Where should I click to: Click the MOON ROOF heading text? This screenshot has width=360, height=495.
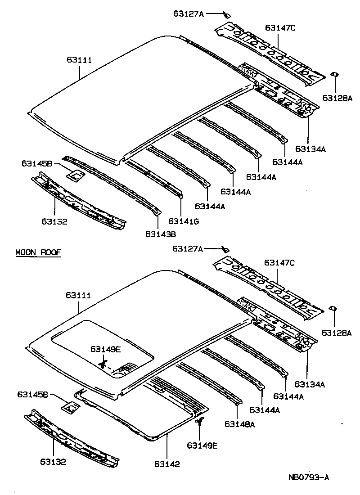tap(38, 252)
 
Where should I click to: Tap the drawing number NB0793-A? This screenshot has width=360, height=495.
tap(309, 477)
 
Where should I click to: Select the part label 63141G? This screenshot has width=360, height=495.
tap(184, 221)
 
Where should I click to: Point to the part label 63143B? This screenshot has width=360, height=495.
tap(161, 234)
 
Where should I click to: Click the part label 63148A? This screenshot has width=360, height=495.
tap(239, 423)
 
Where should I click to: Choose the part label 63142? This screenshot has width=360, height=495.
tap(167, 464)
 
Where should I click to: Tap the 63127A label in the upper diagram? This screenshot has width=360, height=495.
tap(189, 13)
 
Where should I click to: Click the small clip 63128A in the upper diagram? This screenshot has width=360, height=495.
tap(334, 74)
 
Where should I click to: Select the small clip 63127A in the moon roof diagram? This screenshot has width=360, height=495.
tap(226, 249)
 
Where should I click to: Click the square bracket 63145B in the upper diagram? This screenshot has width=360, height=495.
tap(76, 175)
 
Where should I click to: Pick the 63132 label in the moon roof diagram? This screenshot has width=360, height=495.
tap(54, 462)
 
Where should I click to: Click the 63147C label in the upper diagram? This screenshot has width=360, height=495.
tap(280, 28)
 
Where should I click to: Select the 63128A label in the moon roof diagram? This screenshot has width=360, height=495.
tap(337, 333)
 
